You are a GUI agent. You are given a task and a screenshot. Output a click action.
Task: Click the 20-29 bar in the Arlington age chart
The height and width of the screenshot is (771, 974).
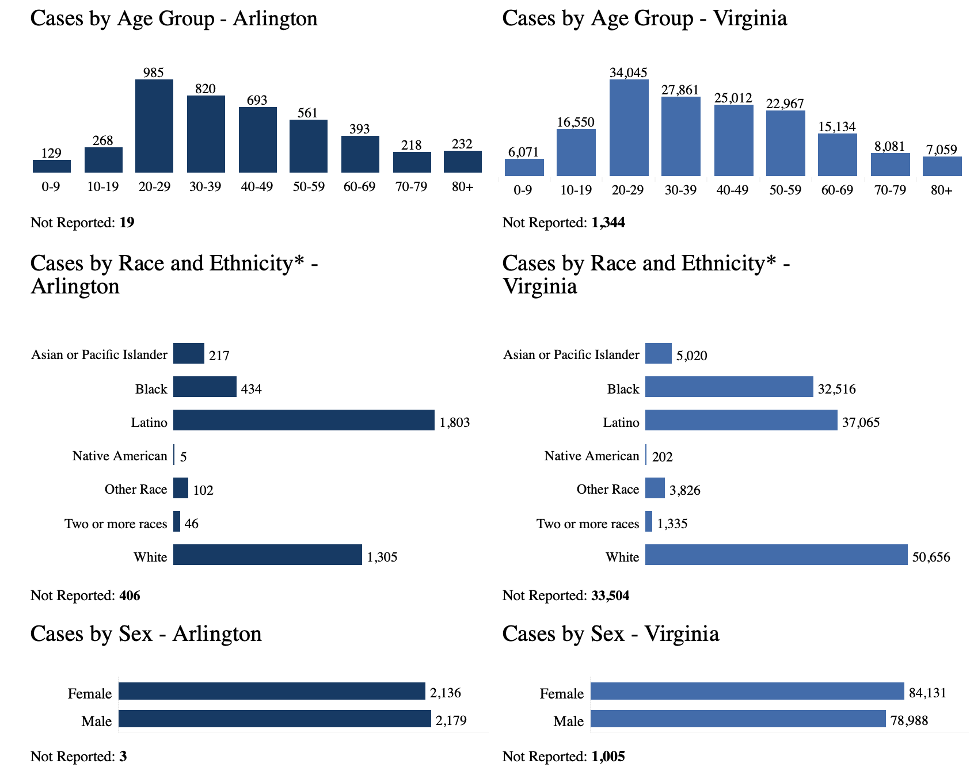[x=154, y=126]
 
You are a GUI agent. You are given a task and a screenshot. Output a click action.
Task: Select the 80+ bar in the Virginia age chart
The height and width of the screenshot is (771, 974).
[x=942, y=166]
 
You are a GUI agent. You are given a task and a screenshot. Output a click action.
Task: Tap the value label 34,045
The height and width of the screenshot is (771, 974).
[x=629, y=72]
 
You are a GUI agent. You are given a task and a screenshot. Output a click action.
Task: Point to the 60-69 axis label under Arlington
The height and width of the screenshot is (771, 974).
[x=360, y=186]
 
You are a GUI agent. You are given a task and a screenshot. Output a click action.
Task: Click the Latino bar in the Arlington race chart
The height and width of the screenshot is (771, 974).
[x=303, y=420]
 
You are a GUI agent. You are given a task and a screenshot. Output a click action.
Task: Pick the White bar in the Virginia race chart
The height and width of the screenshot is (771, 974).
[x=776, y=555]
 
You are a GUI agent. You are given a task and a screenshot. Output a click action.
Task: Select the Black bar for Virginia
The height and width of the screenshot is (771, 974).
[x=729, y=387]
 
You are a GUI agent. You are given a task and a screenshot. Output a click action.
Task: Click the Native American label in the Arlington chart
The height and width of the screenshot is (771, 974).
[x=120, y=456]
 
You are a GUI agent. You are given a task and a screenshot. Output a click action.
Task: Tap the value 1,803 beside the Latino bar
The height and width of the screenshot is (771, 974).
[x=455, y=423]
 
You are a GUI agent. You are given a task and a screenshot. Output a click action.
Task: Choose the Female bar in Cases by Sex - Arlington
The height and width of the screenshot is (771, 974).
[x=272, y=691]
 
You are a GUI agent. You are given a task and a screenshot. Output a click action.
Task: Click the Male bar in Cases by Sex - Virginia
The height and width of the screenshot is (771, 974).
[x=738, y=719]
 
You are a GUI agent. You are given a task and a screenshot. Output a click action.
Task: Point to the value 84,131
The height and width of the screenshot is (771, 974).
[x=927, y=693]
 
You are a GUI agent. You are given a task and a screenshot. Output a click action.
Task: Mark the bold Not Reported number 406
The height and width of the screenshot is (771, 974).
[x=130, y=596]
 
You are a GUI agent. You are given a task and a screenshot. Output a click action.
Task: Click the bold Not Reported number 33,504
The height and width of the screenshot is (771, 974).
[x=610, y=596]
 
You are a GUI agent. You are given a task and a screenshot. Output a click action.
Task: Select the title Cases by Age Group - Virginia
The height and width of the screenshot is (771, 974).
[x=644, y=18]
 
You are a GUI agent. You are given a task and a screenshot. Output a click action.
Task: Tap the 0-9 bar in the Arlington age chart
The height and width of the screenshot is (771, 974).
[x=52, y=166]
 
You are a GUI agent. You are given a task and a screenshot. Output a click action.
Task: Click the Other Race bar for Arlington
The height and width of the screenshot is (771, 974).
[x=181, y=488]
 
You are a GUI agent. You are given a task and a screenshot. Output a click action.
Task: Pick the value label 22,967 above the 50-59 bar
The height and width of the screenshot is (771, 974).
[x=785, y=104]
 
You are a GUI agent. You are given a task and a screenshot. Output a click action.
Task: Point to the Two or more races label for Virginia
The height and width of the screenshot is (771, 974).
[x=588, y=524]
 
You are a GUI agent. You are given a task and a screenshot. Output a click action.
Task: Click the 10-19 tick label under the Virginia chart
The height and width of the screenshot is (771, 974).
[x=576, y=190]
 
